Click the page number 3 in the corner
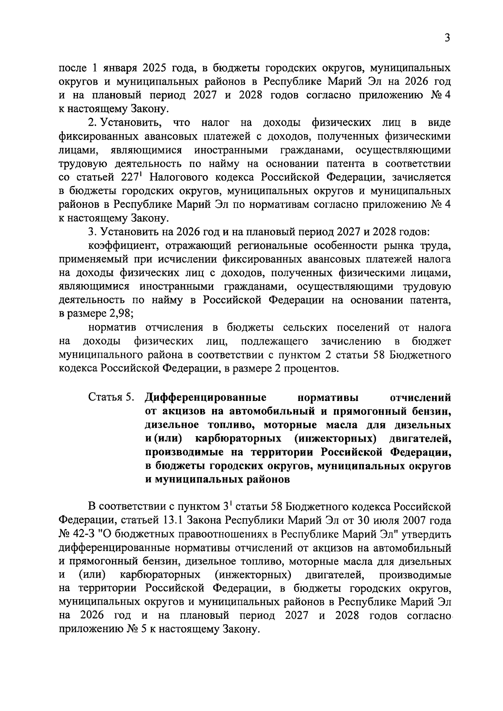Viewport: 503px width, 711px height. [447, 38]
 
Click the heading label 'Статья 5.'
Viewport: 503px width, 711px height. [111, 397]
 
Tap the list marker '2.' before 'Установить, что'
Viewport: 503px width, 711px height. [92, 123]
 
